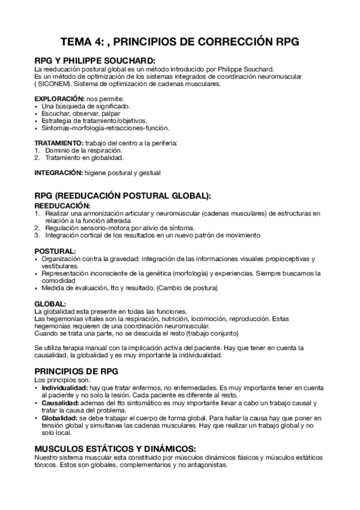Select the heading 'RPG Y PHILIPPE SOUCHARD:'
94,61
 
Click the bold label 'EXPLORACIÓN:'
59,98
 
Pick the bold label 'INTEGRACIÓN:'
58,172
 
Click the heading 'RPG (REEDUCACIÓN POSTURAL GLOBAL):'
123,196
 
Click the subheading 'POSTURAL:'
55,250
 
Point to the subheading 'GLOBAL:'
50,303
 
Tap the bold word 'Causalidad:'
61,404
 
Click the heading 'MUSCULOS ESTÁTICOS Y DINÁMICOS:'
114,449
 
